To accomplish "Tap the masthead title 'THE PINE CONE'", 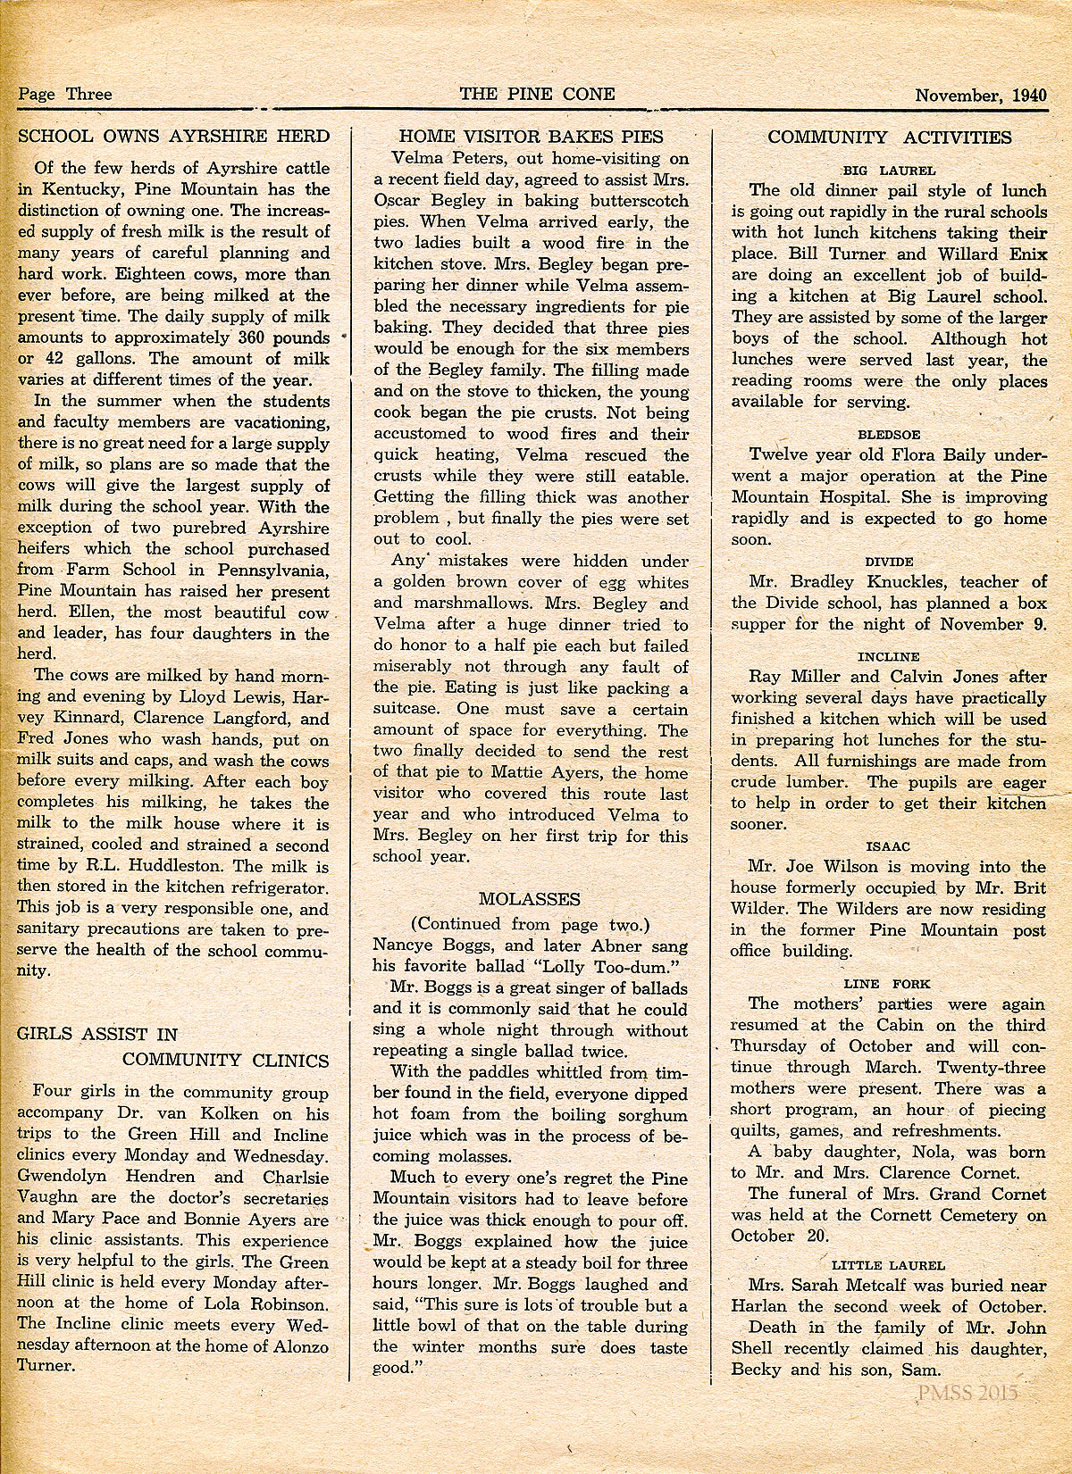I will click(537, 94).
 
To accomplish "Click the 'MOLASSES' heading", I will click(529, 898).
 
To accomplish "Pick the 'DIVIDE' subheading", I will click(889, 561).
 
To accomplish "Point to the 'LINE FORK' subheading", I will click(888, 983).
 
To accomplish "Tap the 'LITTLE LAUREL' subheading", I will click(888, 1264).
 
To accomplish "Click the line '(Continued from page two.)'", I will click(530, 923).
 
